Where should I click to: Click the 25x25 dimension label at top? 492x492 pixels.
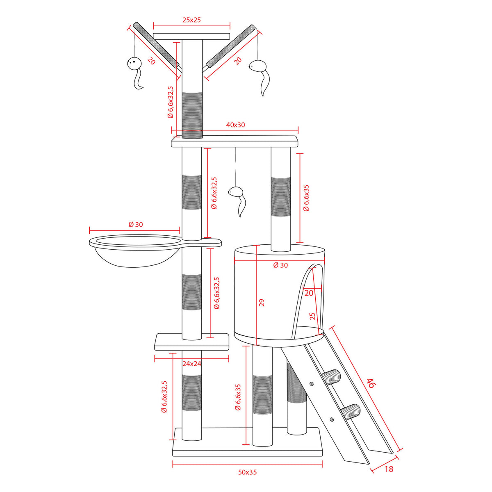pos(191,20)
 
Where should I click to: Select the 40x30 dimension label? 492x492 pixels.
pos(235,125)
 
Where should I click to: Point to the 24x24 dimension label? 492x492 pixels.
pos(192,364)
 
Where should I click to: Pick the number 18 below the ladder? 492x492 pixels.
pos(389,469)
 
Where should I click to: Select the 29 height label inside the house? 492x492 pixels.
pos(262,303)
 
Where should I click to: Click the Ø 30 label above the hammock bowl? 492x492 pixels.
pos(136,224)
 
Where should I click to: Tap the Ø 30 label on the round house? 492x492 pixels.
pos(280,265)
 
